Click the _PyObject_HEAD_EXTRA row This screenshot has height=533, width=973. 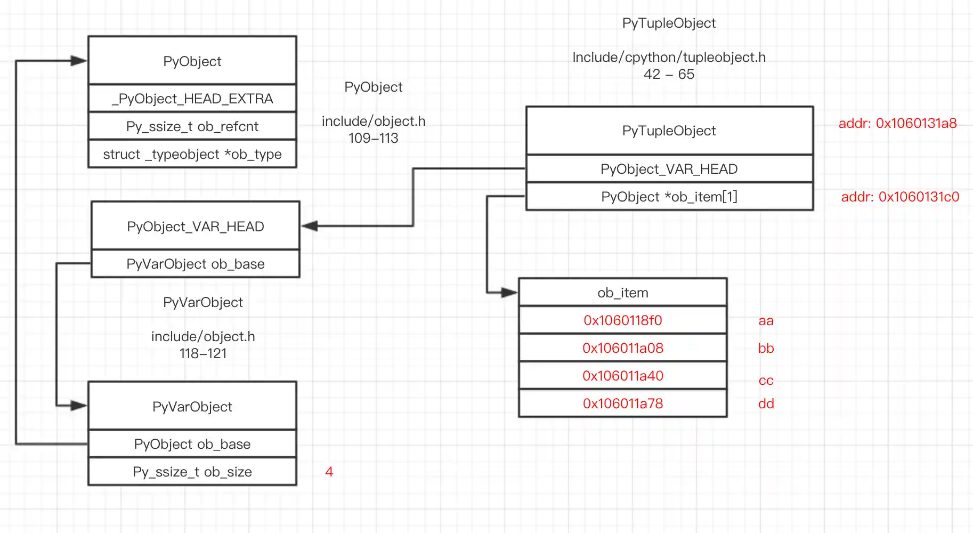(x=192, y=99)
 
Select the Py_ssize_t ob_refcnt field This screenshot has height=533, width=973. (x=192, y=126)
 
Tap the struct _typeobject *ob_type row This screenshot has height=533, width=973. (x=192, y=154)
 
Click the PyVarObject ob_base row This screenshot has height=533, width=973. (x=195, y=264)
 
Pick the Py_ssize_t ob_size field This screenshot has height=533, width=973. (x=192, y=472)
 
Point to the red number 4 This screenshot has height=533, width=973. (x=329, y=472)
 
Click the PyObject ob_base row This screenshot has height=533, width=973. (x=192, y=444)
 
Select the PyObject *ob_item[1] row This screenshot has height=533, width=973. (x=669, y=197)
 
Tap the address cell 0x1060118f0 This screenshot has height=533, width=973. (x=622, y=320)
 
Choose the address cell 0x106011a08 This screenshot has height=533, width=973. (x=622, y=348)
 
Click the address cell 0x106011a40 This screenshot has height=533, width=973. (x=622, y=376)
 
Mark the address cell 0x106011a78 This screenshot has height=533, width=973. (x=622, y=403)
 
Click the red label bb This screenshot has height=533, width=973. (x=766, y=348)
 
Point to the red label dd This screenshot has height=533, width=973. (x=766, y=403)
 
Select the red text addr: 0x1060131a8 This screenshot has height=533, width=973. (x=897, y=123)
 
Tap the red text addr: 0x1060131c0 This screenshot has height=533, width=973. (x=899, y=197)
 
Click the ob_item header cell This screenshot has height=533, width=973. (x=622, y=293)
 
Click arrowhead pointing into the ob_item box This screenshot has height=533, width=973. (x=509, y=292)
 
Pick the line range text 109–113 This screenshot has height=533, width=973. (x=373, y=138)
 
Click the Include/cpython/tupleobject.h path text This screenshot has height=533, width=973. (x=669, y=57)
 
